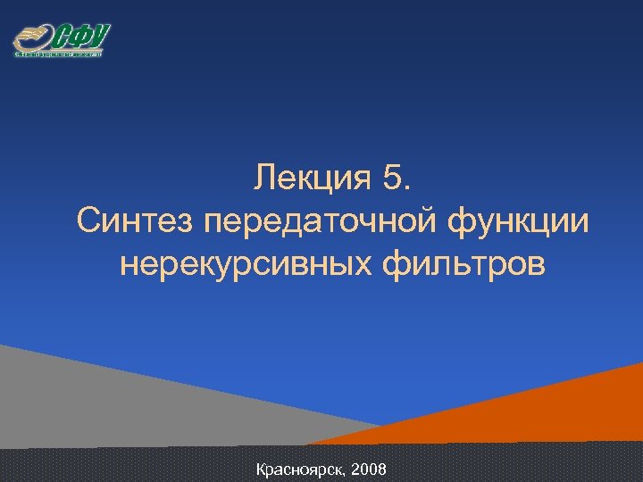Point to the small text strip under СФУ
click(59, 54)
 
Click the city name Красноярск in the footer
click(300, 469)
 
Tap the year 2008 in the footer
click(369, 469)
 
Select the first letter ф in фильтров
click(397, 264)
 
